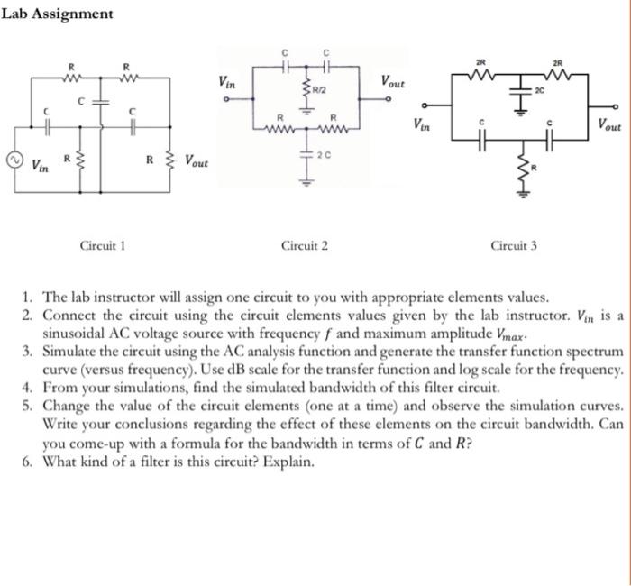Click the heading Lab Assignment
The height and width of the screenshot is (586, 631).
tap(58, 14)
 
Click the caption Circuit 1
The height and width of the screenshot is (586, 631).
tap(103, 244)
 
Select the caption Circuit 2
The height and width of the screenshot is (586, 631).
tap(305, 244)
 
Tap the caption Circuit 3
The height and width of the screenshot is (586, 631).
tap(514, 244)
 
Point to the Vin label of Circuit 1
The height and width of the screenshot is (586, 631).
tap(40, 166)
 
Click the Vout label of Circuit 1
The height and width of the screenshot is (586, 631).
tap(196, 161)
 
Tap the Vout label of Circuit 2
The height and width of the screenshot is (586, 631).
tap(393, 81)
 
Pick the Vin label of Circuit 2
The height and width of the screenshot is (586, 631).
tap(228, 81)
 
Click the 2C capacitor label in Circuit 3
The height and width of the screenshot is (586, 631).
tap(540, 91)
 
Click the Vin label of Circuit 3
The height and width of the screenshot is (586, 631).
tap(422, 124)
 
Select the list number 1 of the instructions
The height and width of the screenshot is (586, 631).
tap(29, 297)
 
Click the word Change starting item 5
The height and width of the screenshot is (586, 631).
tap(68, 407)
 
